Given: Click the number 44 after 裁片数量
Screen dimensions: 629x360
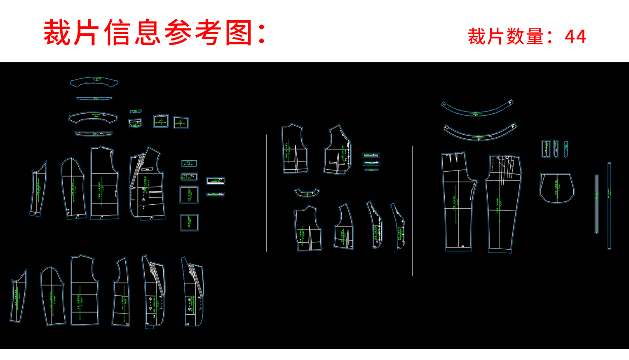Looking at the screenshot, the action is click(x=575, y=37).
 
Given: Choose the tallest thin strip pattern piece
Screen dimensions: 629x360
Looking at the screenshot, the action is click(x=609, y=206).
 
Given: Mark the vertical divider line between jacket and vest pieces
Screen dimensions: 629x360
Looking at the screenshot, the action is click(x=267, y=193).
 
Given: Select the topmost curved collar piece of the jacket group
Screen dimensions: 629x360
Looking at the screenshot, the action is click(x=94, y=82).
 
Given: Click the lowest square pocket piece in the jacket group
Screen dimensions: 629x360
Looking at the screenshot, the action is click(x=189, y=222).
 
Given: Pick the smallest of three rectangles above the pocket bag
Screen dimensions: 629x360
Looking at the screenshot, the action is click(x=566, y=149).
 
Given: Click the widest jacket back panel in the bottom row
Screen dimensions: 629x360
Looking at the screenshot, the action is click(x=84, y=290).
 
